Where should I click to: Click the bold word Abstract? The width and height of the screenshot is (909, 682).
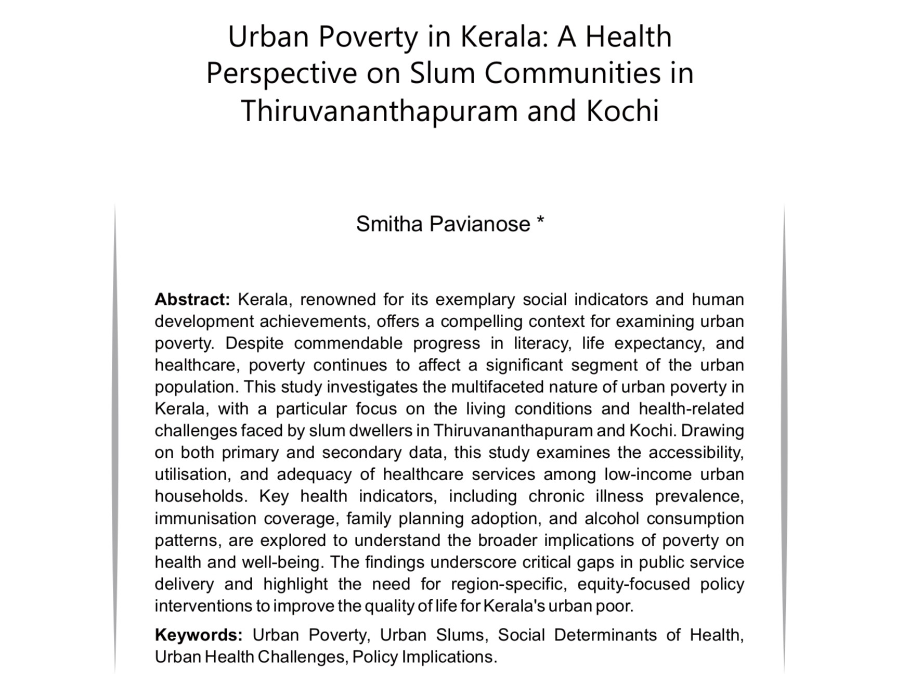(192, 300)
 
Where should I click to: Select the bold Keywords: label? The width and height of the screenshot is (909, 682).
(199, 635)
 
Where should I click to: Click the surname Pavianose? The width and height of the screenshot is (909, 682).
(479, 224)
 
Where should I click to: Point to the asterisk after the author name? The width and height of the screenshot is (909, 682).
(540, 222)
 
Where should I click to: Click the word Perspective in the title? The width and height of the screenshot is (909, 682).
(281, 73)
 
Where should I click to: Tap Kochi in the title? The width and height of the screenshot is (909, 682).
(622, 111)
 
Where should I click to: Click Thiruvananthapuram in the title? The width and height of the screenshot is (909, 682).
(379, 111)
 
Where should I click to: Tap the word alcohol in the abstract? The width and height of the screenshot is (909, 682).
(611, 519)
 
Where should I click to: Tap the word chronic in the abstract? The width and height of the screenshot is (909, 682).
(556, 496)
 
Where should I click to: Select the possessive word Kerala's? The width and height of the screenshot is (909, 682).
(514, 607)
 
